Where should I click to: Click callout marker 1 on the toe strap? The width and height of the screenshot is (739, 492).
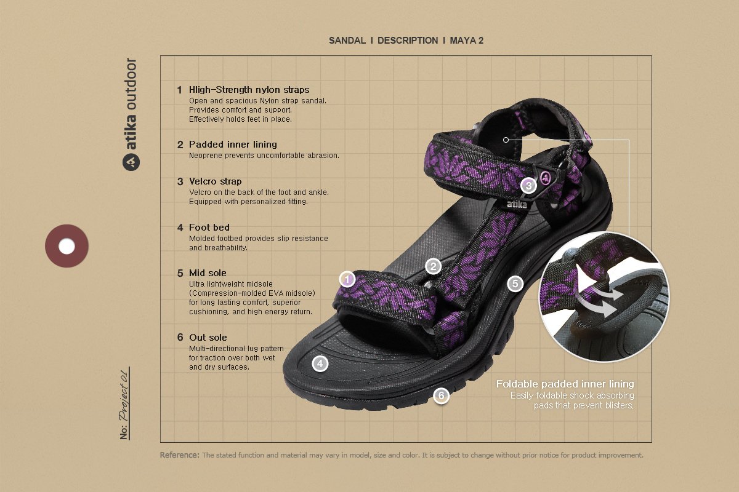pyautogui.click(x=347, y=280)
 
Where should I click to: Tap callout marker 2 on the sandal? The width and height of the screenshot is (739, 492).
pyautogui.click(x=434, y=266)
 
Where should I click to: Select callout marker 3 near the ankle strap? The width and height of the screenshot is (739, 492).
pyautogui.click(x=528, y=185)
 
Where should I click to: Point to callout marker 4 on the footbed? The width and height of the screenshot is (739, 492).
pyautogui.click(x=320, y=363)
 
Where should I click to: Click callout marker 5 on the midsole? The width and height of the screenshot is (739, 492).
pyautogui.click(x=515, y=284)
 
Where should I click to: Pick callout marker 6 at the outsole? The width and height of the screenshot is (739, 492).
pyautogui.click(x=441, y=396)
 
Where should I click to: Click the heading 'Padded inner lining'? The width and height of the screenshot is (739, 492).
pyautogui.click(x=233, y=145)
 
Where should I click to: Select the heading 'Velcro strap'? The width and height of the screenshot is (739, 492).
pyautogui.click(x=215, y=181)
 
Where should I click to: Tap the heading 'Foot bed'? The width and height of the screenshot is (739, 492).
pyautogui.click(x=209, y=228)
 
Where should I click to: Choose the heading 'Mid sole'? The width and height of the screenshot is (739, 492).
pyautogui.click(x=208, y=273)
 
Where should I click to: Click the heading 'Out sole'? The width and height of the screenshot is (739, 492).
pyautogui.click(x=208, y=338)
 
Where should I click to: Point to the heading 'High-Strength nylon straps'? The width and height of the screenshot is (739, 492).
pyautogui.click(x=249, y=90)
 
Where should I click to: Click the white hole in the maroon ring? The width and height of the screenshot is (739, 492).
pyautogui.click(x=67, y=246)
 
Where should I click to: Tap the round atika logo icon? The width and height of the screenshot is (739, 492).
pyautogui.click(x=131, y=162)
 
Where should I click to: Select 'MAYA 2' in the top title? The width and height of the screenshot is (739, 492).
pyautogui.click(x=467, y=41)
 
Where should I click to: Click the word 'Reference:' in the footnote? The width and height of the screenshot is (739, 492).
pyautogui.click(x=179, y=456)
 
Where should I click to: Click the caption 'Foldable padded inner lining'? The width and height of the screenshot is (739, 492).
pyautogui.click(x=565, y=384)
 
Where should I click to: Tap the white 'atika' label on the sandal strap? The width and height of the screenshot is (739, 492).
pyautogui.click(x=517, y=204)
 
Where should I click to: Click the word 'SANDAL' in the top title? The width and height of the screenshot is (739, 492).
pyautogui.click(x=347, y=41)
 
